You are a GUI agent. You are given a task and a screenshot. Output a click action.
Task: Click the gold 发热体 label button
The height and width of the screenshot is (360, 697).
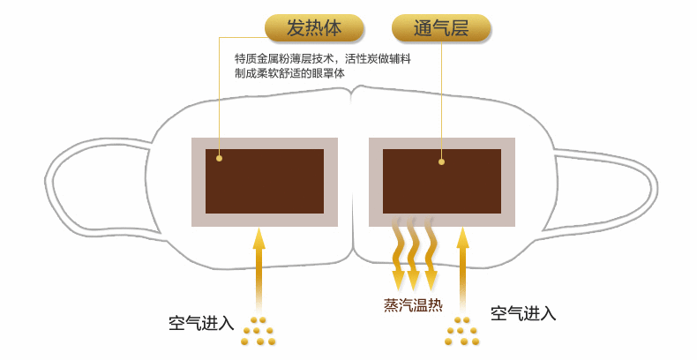(x=314, y=27)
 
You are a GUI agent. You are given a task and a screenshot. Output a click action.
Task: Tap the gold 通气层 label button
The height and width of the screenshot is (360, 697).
(x=441, y=27)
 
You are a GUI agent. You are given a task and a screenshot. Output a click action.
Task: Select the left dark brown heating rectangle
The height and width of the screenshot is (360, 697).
(x=265, y=181)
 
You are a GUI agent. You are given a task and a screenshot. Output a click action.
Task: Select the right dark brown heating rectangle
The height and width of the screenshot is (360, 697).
(x=441, y=181)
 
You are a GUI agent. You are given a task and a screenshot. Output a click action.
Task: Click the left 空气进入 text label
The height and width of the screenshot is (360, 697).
(x=201, y=322)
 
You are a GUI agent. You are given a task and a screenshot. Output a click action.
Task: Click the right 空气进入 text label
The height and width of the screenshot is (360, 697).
(x=523, y=313)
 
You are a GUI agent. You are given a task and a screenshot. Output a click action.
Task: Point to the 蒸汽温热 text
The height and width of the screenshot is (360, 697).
(x=413, y=305)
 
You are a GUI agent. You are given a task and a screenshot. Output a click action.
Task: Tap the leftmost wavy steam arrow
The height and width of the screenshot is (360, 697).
(x=398, y=254)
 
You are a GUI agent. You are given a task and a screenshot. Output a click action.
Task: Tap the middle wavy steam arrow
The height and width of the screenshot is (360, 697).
(x=415, y=254)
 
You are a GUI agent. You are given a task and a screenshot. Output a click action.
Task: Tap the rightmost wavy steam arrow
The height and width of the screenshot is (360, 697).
(x=431, y=254)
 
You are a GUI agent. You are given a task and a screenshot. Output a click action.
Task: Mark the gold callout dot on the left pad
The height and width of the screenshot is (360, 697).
(x=219, y=158)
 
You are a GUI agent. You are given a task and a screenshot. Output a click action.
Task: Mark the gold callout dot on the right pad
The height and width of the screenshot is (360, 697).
(x=441, y=161)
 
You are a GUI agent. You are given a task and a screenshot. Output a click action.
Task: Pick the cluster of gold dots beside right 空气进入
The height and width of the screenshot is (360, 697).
(x=462, y=330)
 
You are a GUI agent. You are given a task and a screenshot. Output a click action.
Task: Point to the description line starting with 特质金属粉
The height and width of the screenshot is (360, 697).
(x=322, y=58)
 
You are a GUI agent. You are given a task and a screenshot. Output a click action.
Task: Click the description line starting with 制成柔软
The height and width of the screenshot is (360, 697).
(x=289, y=73)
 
